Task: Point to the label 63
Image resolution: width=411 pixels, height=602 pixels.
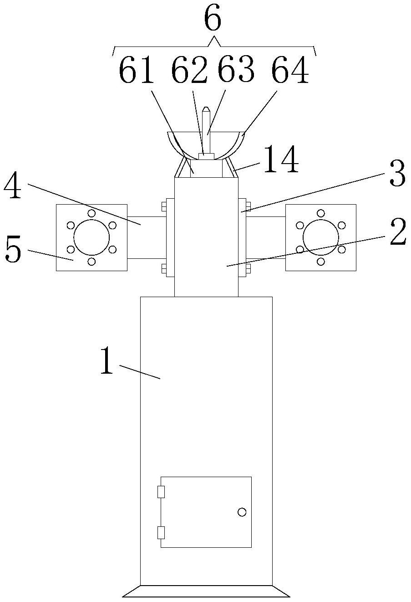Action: pos(236,71)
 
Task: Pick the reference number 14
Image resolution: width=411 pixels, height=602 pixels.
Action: pos(281,160)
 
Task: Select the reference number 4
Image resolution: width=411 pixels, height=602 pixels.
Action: pos(12,187)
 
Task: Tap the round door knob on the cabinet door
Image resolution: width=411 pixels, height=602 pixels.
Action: pos(242,512)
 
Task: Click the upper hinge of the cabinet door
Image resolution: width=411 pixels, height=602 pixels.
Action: pos(161,492)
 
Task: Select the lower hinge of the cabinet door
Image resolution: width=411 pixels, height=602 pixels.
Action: pos(161,532)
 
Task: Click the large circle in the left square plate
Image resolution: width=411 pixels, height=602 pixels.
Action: pos(91,237)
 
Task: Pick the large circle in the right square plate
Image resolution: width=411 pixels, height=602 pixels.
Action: pos(321,237)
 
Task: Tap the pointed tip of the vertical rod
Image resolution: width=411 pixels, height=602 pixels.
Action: pos(206,109)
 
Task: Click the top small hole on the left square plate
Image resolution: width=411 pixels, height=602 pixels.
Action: pos(91,213)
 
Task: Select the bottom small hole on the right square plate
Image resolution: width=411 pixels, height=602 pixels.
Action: pos(321,262)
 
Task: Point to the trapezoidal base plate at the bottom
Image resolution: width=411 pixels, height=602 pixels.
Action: pos(206,591)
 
